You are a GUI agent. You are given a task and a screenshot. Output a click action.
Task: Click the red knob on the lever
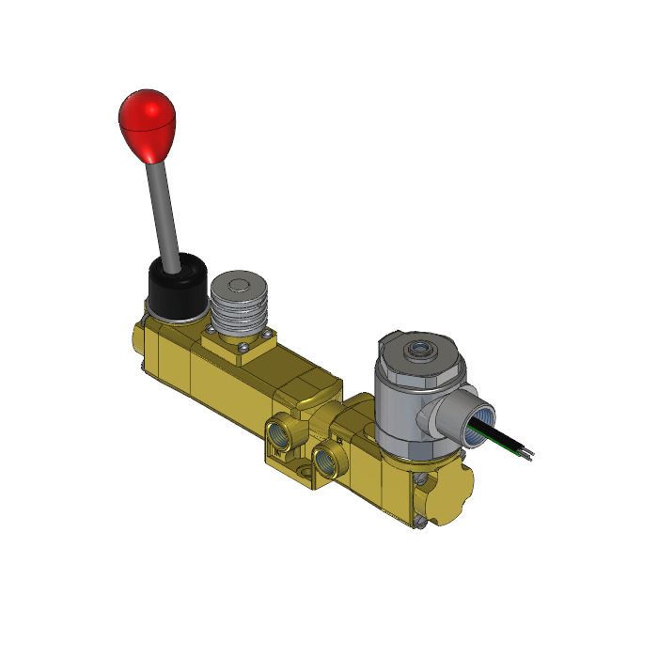point(148,123)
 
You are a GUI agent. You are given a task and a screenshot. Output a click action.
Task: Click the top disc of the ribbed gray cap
point(238,285)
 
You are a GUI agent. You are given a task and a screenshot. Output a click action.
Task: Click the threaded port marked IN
point(280,434)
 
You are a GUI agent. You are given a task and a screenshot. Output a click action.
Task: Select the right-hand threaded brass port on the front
point(326,459)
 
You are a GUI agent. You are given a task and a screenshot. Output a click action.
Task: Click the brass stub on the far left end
point(137,342)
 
